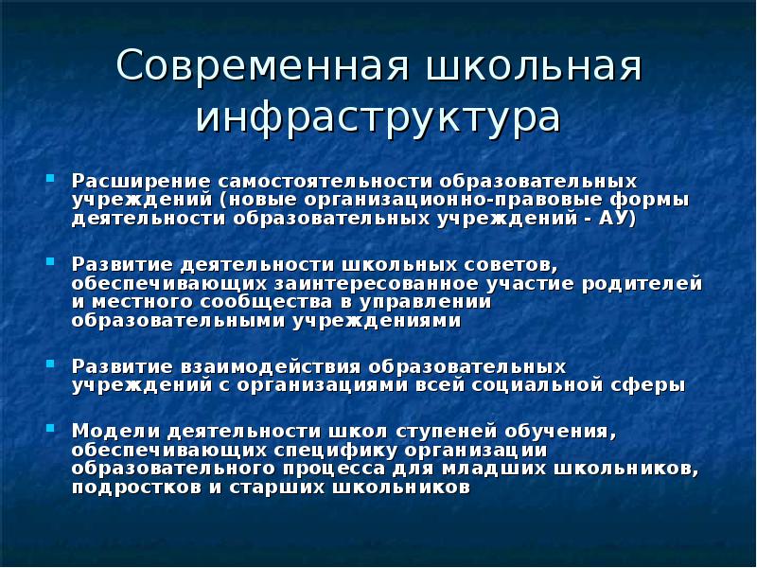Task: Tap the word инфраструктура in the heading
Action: (378, 117)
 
